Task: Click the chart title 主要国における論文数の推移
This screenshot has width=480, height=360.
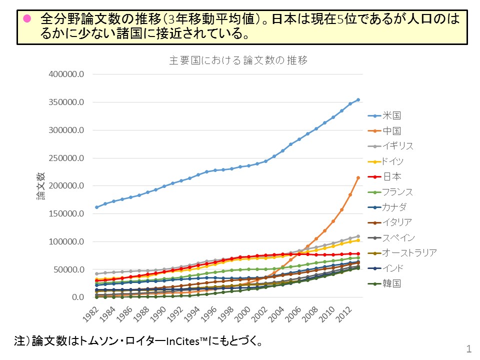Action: point(238,60)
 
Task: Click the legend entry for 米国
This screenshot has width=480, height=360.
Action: point(391,115)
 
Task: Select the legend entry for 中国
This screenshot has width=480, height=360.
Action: point(391,131)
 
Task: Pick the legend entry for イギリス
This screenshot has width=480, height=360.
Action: point(398,146)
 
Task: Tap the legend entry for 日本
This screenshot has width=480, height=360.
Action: point(391,176)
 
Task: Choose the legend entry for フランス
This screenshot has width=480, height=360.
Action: point(398,192)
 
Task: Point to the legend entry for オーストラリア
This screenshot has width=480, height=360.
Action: point(409,253)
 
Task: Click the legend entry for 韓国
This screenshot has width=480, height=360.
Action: point(391,283)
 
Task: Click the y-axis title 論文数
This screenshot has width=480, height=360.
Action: point(40,186)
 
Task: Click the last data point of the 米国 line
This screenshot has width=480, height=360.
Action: point(358,99)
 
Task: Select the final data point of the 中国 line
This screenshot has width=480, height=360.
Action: point(358,178)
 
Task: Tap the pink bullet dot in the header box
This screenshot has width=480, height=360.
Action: point(27,19)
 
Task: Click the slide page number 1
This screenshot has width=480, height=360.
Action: point(468,348)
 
